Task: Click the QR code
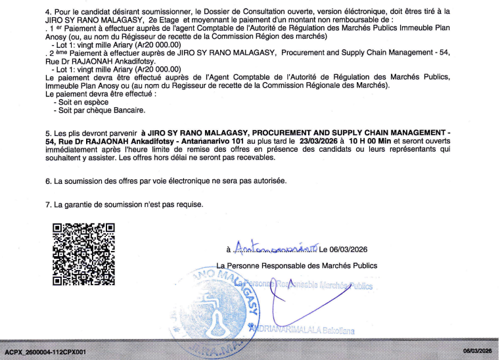tap(83, 254)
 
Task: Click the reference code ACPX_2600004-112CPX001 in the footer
tap(46, 352)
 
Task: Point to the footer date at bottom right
tap(477, 352)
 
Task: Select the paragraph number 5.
tap(48, 132)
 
